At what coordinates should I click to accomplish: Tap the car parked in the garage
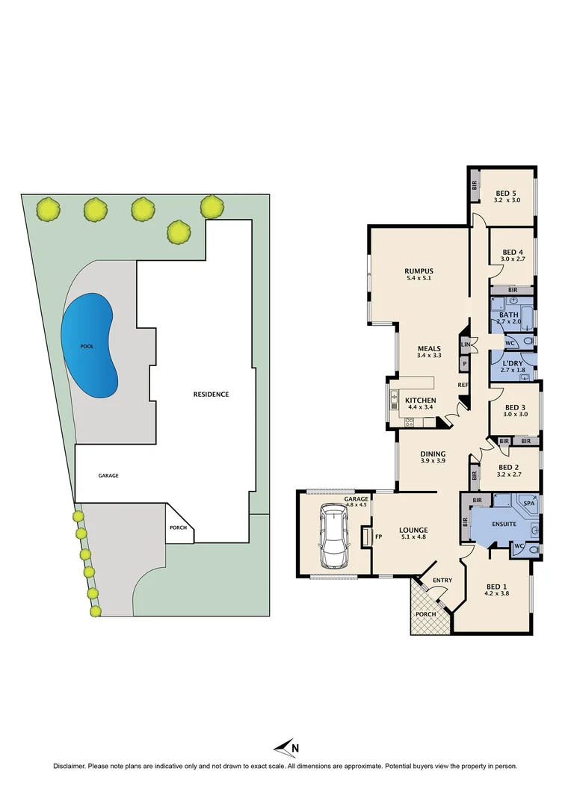tap(336, 536)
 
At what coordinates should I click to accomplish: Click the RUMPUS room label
tap(419, 271)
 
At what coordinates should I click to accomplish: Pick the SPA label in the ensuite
tap(529, 504)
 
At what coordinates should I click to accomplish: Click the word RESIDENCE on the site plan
tap(211, 394)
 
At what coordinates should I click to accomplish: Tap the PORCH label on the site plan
tap(177, 528)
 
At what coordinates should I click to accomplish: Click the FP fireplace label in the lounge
tap(378, 536)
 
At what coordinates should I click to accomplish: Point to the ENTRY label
tap(442, 580)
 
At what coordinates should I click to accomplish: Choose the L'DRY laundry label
tap(511, 362)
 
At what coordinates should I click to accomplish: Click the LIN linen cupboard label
tap(465, 344)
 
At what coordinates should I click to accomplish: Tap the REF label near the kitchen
tap(463, 385)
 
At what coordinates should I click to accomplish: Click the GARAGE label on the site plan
tap(108, 475)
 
